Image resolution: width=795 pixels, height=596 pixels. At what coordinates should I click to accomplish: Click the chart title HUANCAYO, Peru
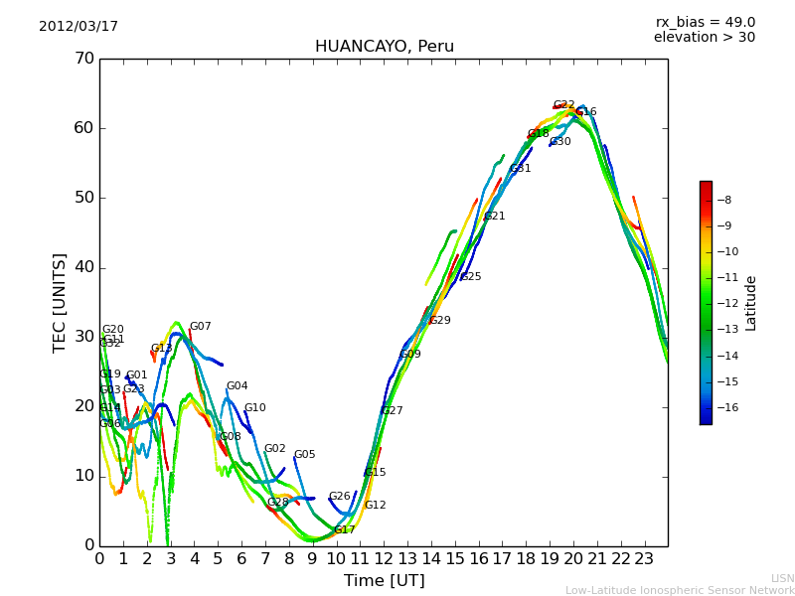pos(384,47)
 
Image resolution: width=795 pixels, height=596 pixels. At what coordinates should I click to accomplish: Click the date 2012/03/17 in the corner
pos(79,26)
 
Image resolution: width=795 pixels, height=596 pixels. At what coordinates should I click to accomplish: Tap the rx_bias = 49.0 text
pos(705,22)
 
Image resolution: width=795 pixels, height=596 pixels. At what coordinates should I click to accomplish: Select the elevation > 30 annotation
pos(704,38)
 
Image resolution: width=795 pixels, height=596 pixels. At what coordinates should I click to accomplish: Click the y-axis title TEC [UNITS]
pos(60,302)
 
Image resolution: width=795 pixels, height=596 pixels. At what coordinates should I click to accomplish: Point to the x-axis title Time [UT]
pos(384,580)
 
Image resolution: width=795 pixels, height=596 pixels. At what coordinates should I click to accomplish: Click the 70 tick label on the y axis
pos(83,59)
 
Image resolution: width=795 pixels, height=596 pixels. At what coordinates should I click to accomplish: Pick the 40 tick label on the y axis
pos(83,267)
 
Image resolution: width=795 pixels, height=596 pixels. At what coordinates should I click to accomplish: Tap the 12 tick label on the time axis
pos(384,558)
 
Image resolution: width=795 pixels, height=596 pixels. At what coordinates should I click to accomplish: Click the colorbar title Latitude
pos(751,303)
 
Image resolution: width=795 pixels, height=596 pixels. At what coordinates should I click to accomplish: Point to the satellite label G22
pos(563,105)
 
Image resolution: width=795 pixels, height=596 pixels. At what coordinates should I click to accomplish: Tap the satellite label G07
pos(200,327)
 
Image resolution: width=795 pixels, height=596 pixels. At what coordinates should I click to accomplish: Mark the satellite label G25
pos(470,277)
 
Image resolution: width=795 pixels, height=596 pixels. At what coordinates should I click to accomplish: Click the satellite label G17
pos(344,530)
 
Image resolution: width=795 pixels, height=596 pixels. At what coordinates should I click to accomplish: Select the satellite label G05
pos(304,455)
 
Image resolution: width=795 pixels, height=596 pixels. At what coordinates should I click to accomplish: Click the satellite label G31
pos(520,169)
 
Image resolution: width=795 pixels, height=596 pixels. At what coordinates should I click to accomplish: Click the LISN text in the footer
pos(782,578)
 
